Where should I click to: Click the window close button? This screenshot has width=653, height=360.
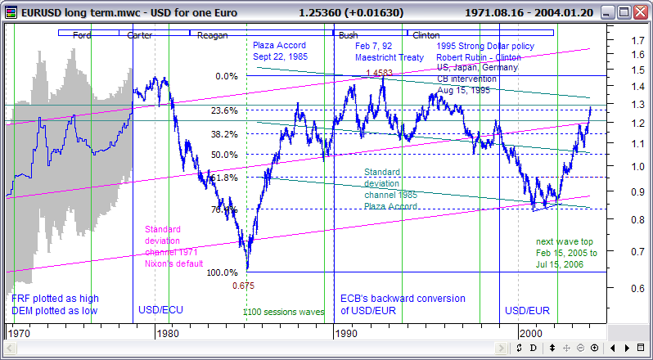[x=639, y=13]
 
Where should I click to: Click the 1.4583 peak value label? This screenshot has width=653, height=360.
[x=378, y=74]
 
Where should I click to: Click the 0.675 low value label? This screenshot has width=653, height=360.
[x=244, y=286]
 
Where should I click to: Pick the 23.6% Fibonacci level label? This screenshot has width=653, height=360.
[x=224, y=110]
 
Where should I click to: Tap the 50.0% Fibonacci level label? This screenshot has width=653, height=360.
[x=224, y=155]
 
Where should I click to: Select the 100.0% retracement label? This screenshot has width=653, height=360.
[x=222, y=272]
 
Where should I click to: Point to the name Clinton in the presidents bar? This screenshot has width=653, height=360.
[x=426, y=36]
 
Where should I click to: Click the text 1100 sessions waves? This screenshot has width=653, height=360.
[x=277, y=312]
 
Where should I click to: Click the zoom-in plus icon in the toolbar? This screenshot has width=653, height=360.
[x=581, y=347]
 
